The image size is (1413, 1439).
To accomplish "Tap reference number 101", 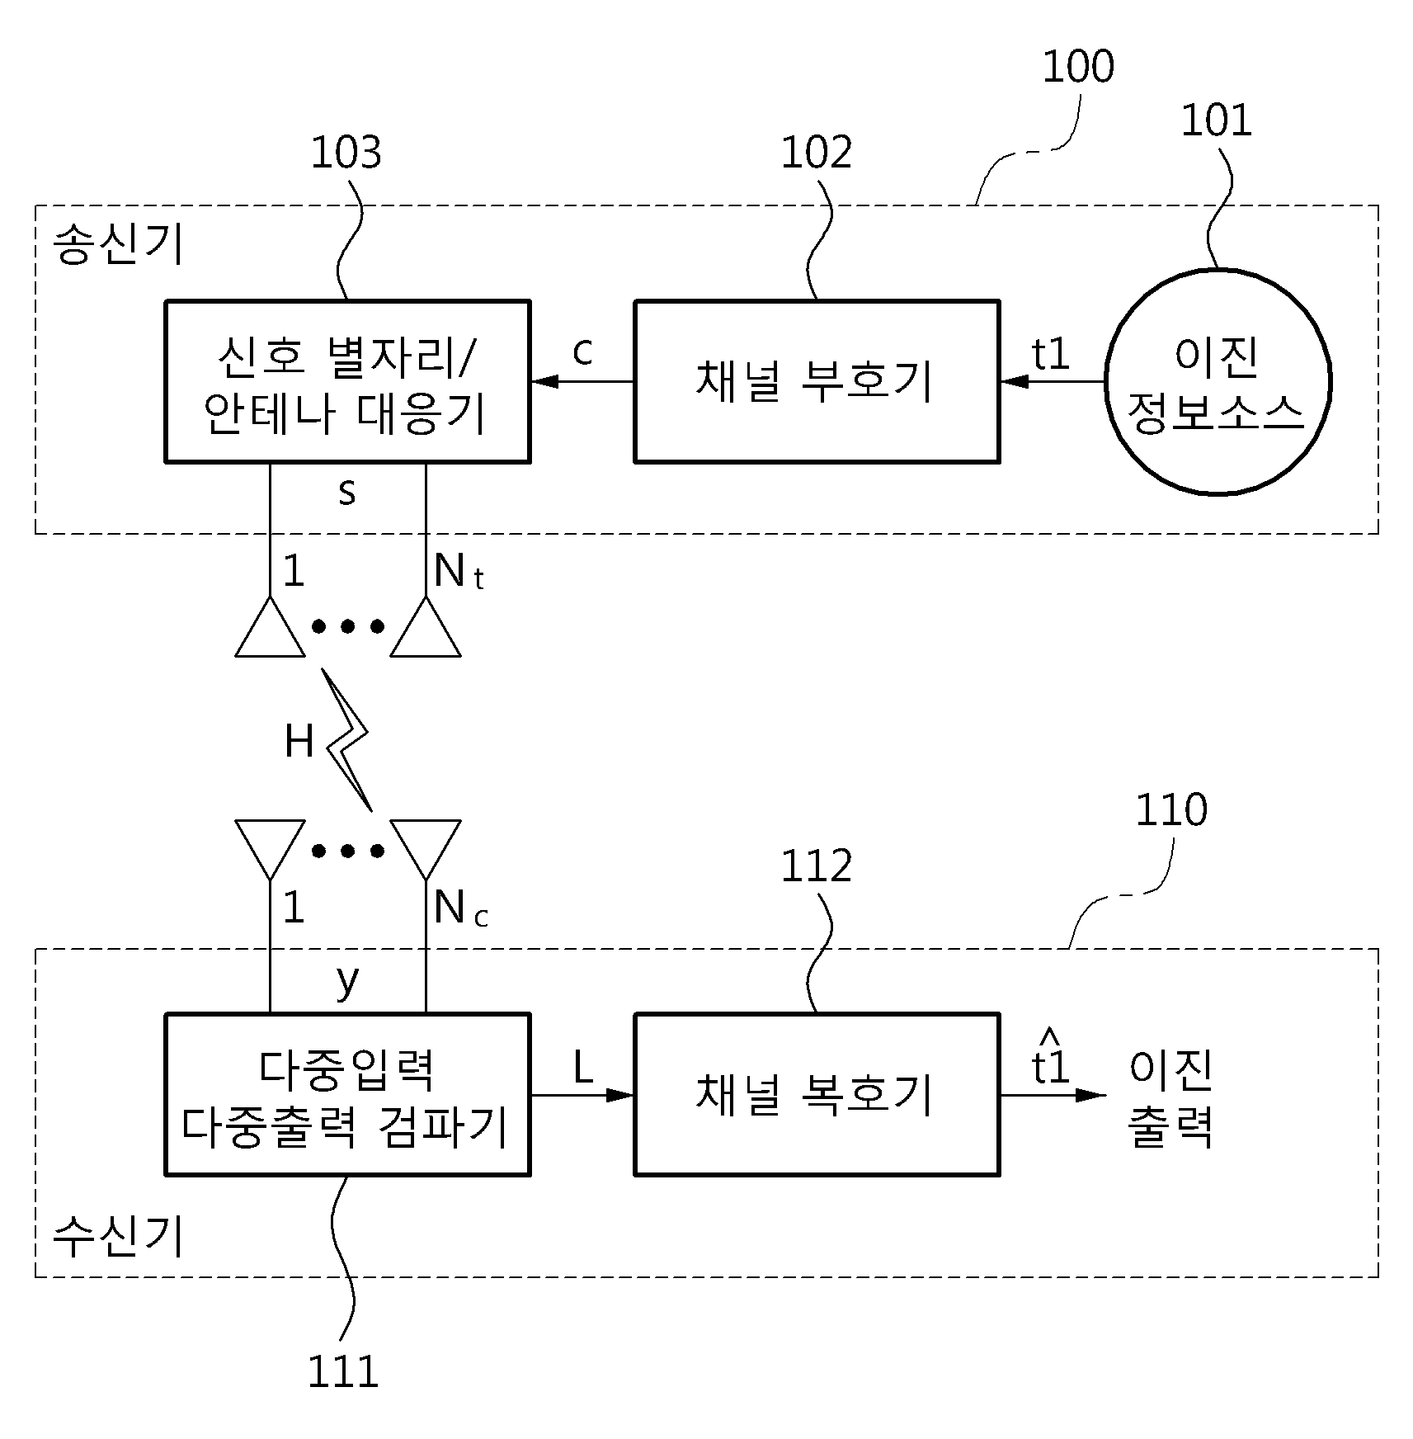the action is tap(1217, 120).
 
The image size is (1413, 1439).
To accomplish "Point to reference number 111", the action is tap(342, 1372).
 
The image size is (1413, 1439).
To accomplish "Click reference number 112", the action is tap(816, 866).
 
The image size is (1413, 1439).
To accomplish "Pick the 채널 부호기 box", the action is tap(817, 381).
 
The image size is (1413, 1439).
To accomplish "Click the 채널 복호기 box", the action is tap(817, 1094).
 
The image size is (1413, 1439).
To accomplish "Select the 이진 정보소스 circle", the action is tap(1218, 382).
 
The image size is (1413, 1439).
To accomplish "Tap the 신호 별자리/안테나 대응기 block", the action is tap(347, 381).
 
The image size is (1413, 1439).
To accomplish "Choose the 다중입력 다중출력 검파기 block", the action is tap(347, 1094).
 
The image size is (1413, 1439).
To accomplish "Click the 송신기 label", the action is tap(118, 245).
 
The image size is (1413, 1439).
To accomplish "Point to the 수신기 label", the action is tap(118, 1237).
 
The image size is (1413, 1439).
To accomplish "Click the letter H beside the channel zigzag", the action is tap(299, 741).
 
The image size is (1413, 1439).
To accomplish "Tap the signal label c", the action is tap(582, 351).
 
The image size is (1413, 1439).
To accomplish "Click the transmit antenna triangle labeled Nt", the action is tap(426, 627).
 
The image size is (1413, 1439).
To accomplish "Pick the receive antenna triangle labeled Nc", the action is tap(426, 849).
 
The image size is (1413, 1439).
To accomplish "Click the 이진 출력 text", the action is tap(1170, 1098).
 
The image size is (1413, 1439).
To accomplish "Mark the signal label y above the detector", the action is tap(347, 981).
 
